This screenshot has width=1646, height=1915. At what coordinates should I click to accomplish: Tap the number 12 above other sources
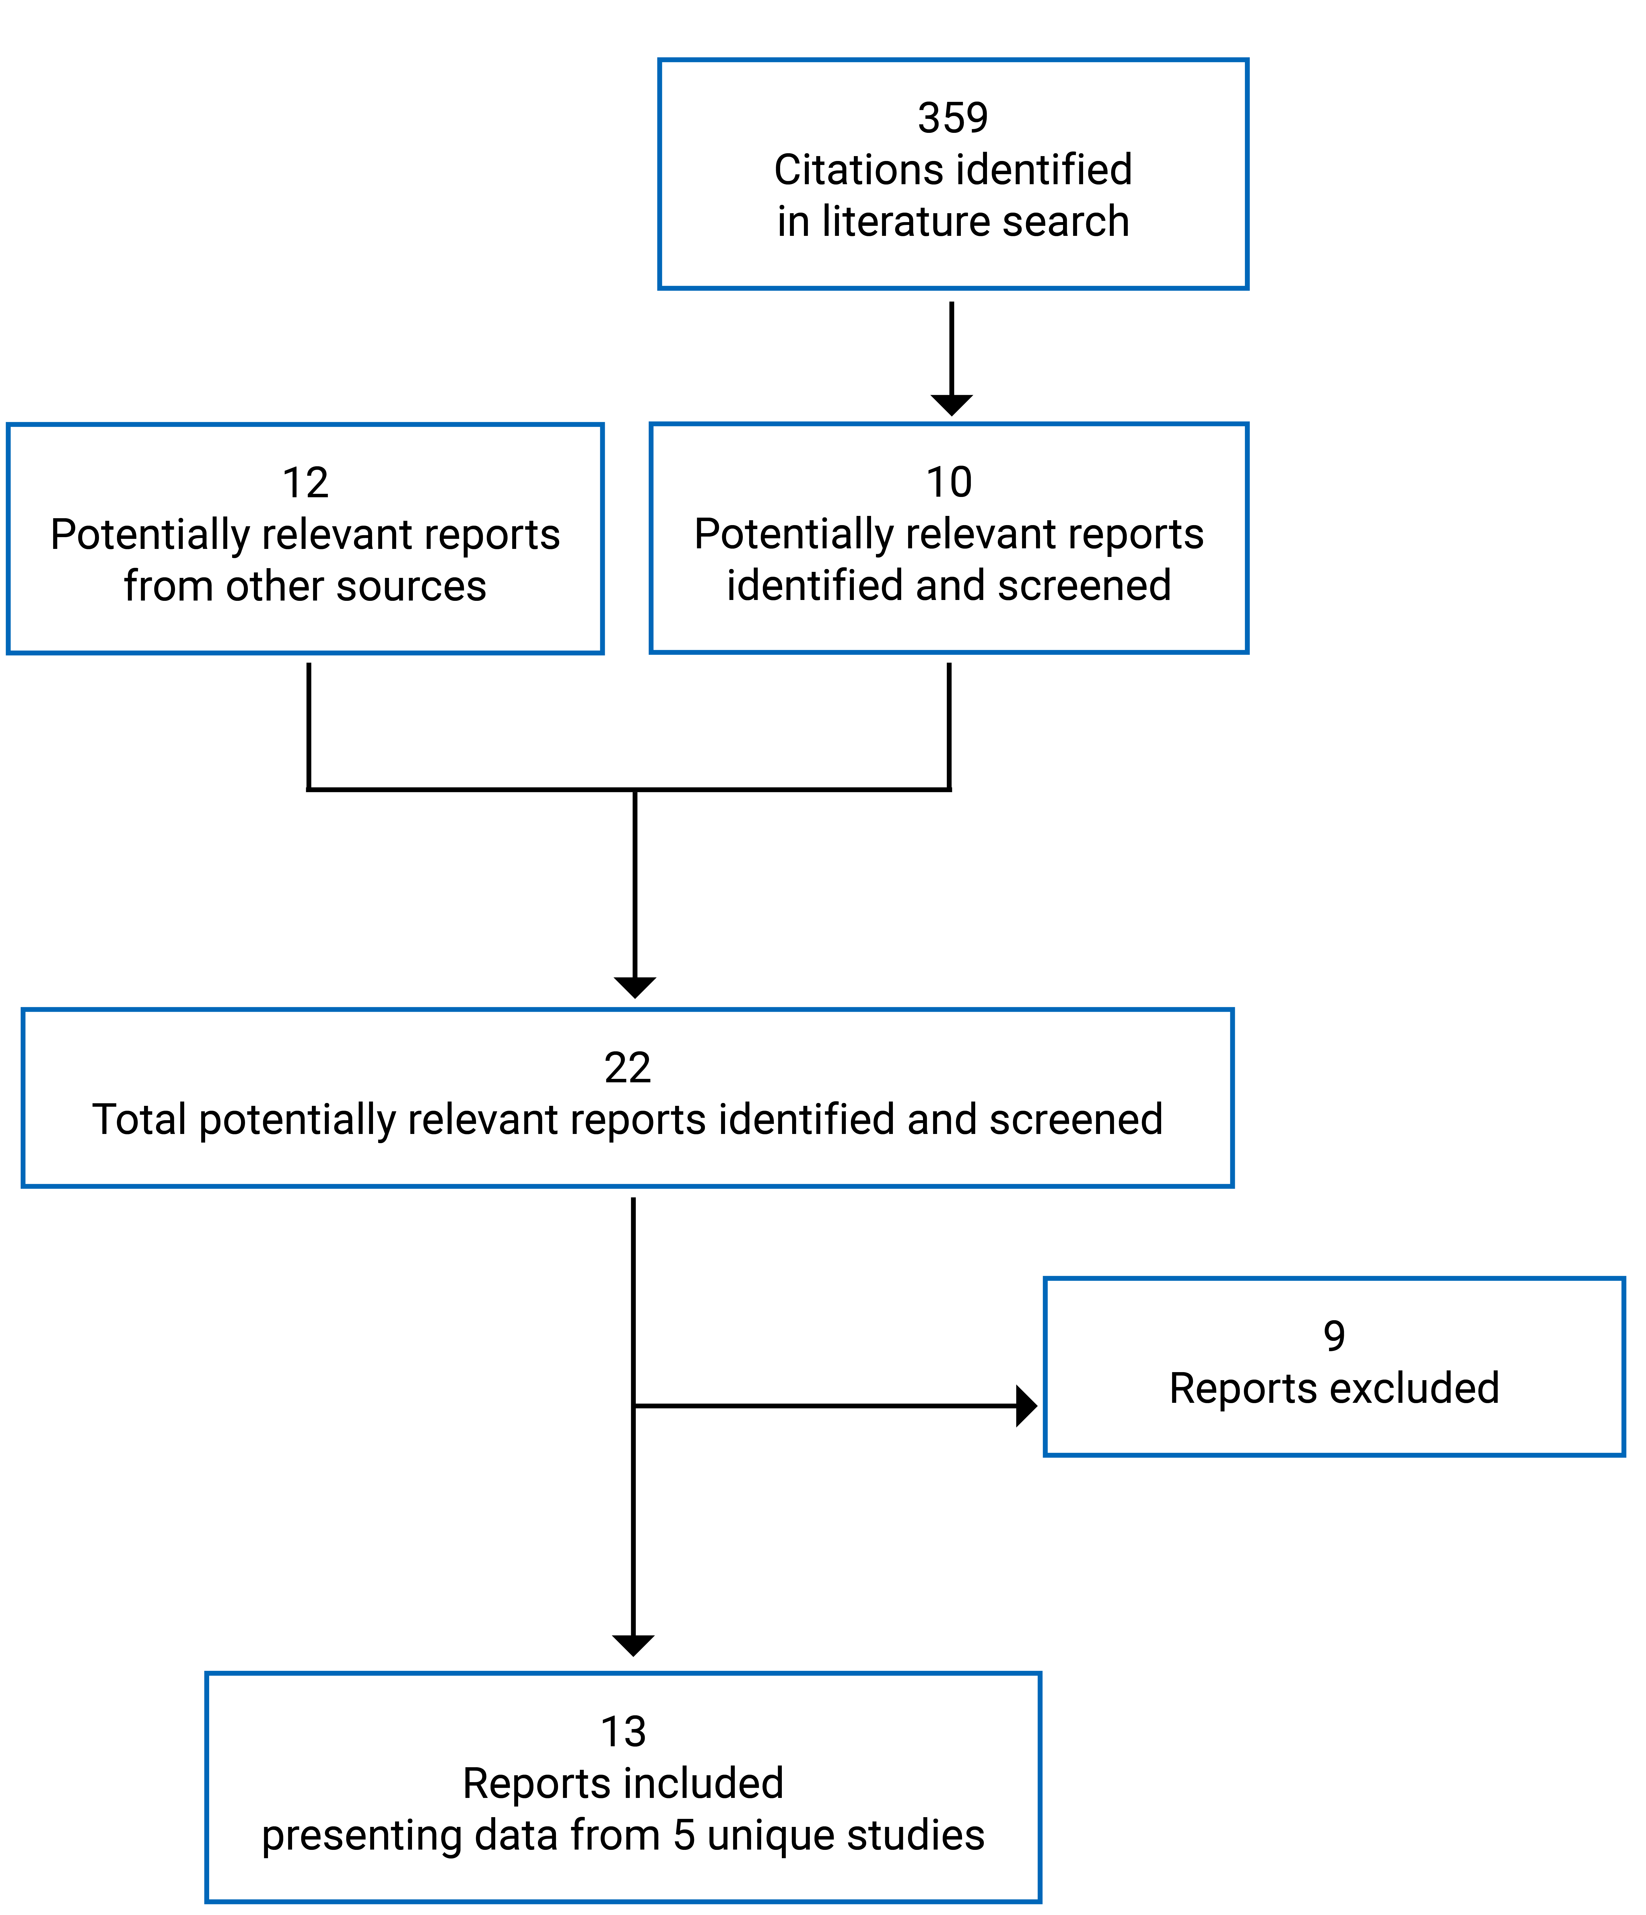[x=305, y=483]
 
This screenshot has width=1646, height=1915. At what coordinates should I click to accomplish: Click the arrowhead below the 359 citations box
[x=951, y=405]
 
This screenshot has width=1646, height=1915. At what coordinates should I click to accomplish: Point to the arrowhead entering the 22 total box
[x=635, y=987]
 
